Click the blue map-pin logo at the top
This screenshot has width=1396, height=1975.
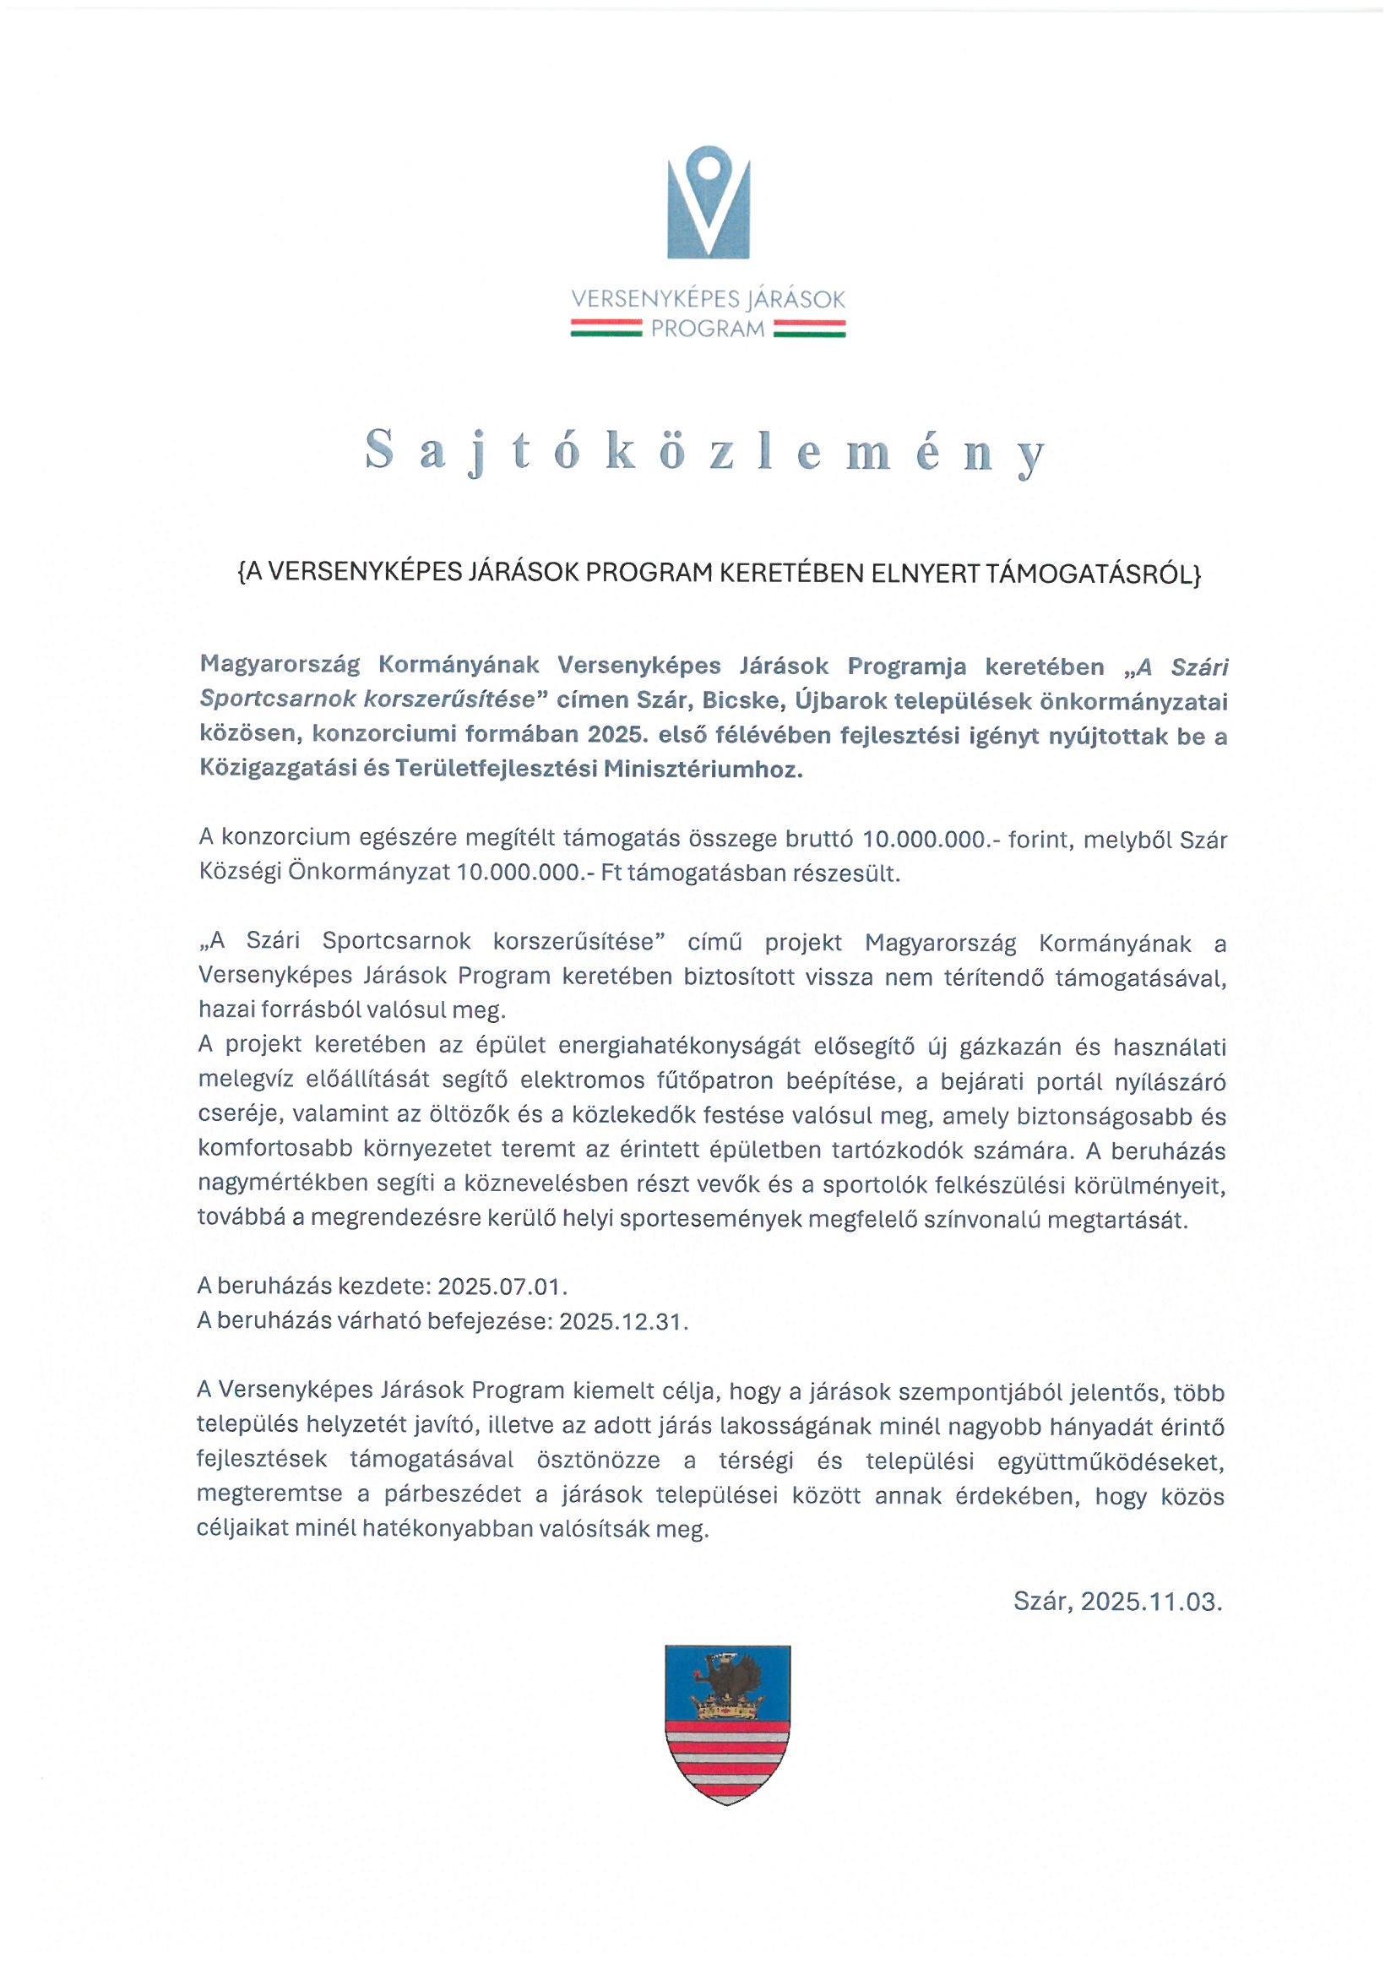point(708,203)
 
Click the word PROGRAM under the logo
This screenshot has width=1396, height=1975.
point(707,329)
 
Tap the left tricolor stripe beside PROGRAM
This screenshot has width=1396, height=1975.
point(606,329)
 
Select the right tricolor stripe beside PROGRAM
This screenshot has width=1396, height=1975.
point(808,329)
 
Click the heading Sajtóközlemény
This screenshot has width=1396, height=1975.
point(705,452)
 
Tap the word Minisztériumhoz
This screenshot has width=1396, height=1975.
point(703,769)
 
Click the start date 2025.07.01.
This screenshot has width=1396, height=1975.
point(502,1287)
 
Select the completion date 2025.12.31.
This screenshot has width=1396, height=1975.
point(623,1321)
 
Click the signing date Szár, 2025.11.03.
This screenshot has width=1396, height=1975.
point(1117,1602)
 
